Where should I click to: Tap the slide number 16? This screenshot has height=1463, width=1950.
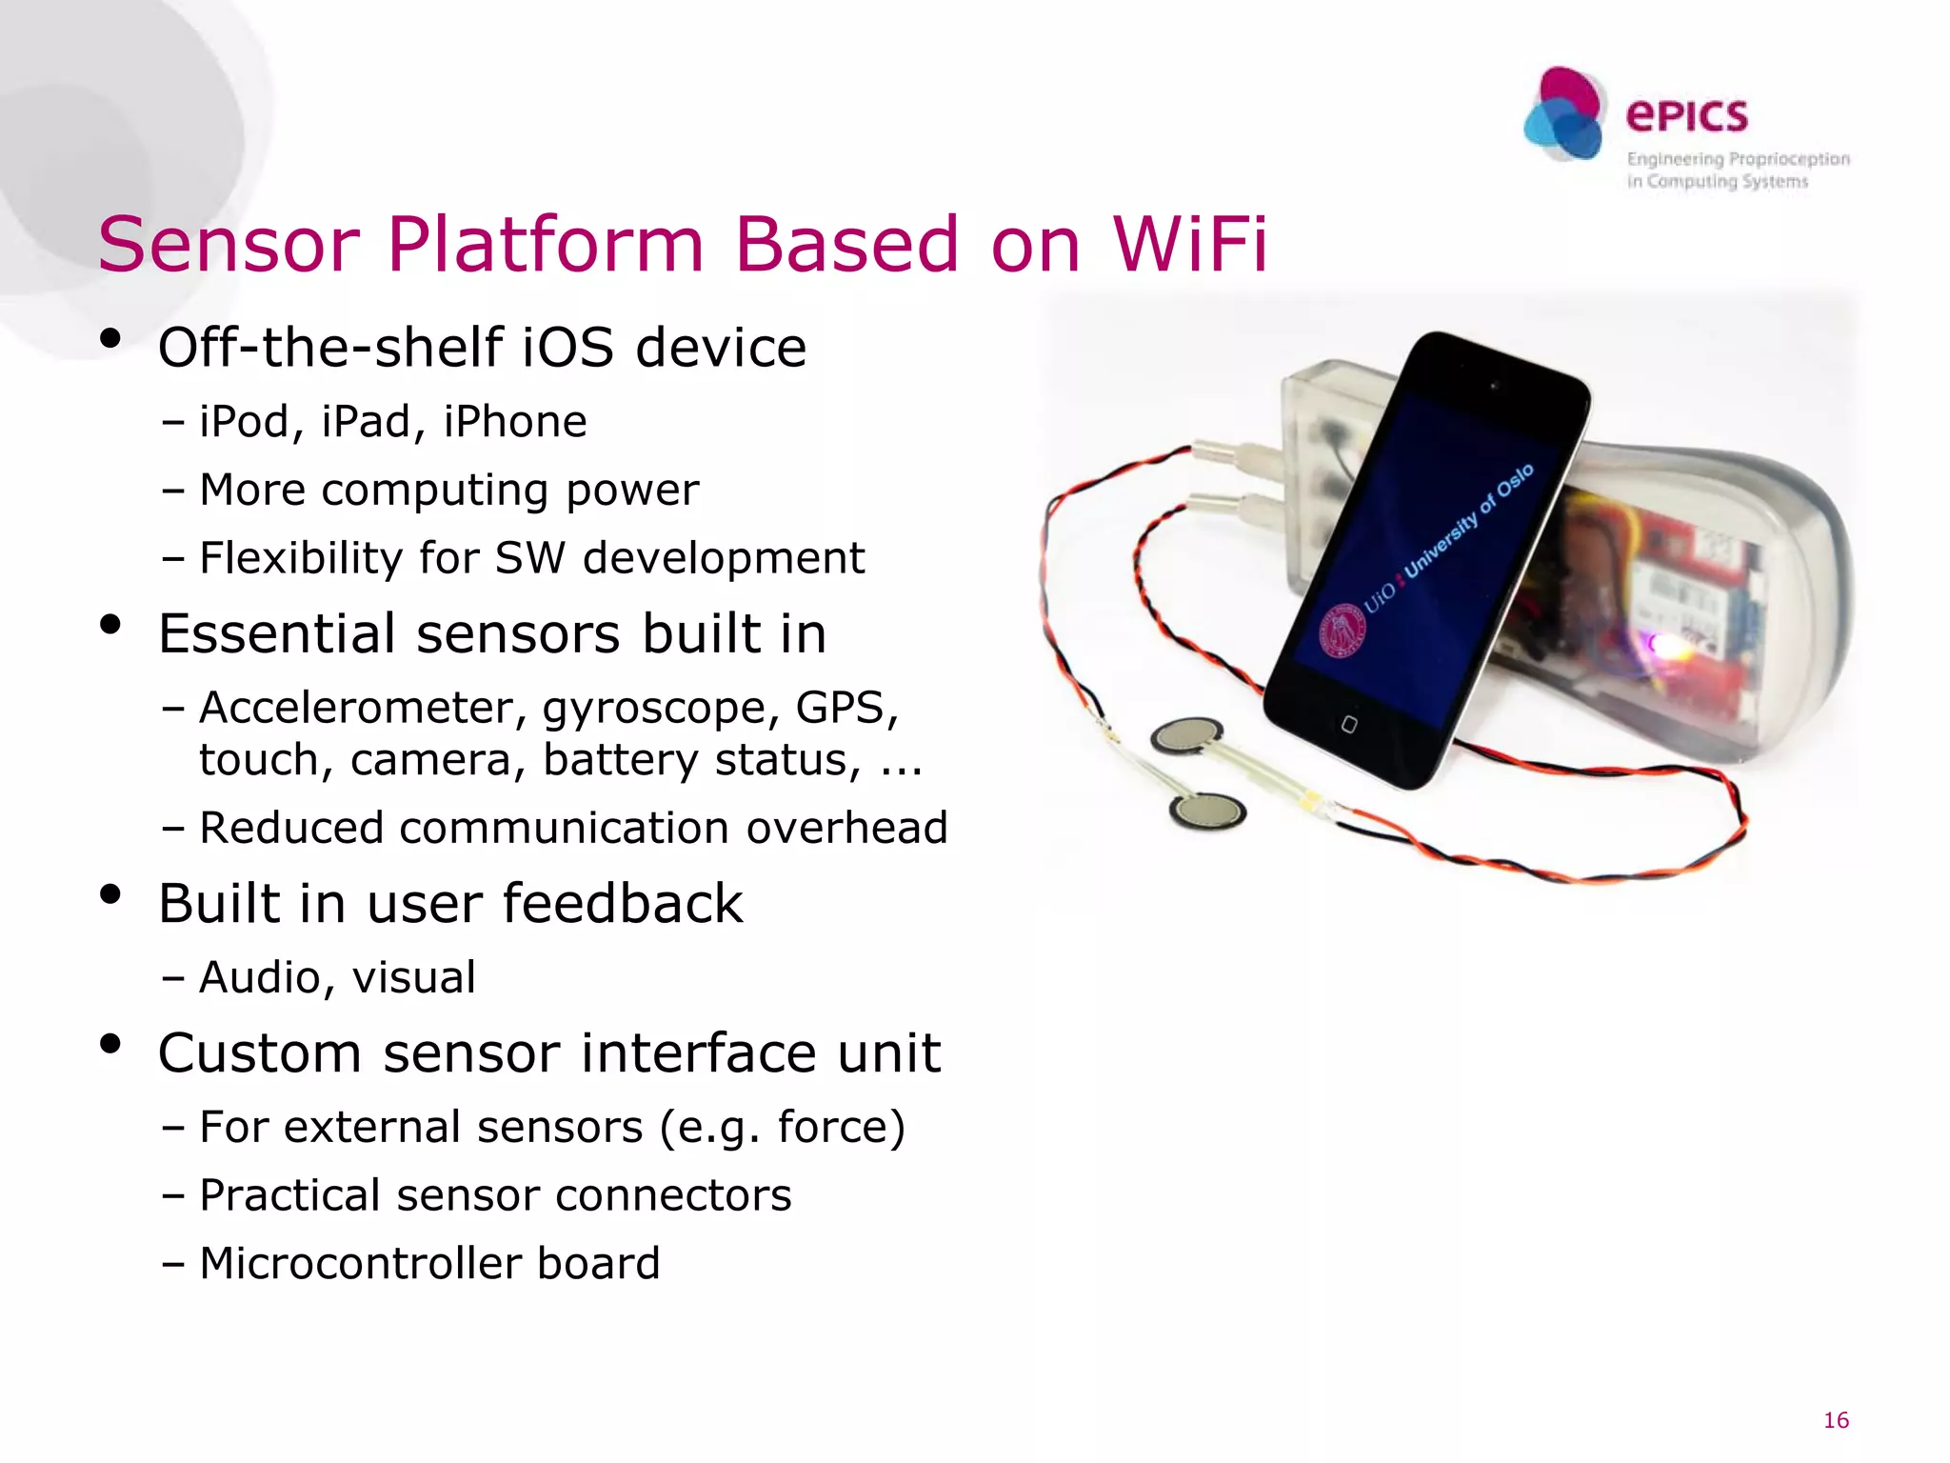1835,1420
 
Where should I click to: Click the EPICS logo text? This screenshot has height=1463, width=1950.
1686,116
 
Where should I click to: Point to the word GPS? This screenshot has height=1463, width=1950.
846,708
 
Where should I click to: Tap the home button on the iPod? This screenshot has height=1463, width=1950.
1348,725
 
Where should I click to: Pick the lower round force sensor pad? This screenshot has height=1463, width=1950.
1207,812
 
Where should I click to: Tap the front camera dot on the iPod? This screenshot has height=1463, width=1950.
1494,386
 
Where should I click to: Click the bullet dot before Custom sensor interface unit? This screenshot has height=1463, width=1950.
110,1044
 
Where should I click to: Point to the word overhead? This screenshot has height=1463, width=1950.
846,828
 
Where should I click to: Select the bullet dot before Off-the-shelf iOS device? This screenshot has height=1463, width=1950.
110,338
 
